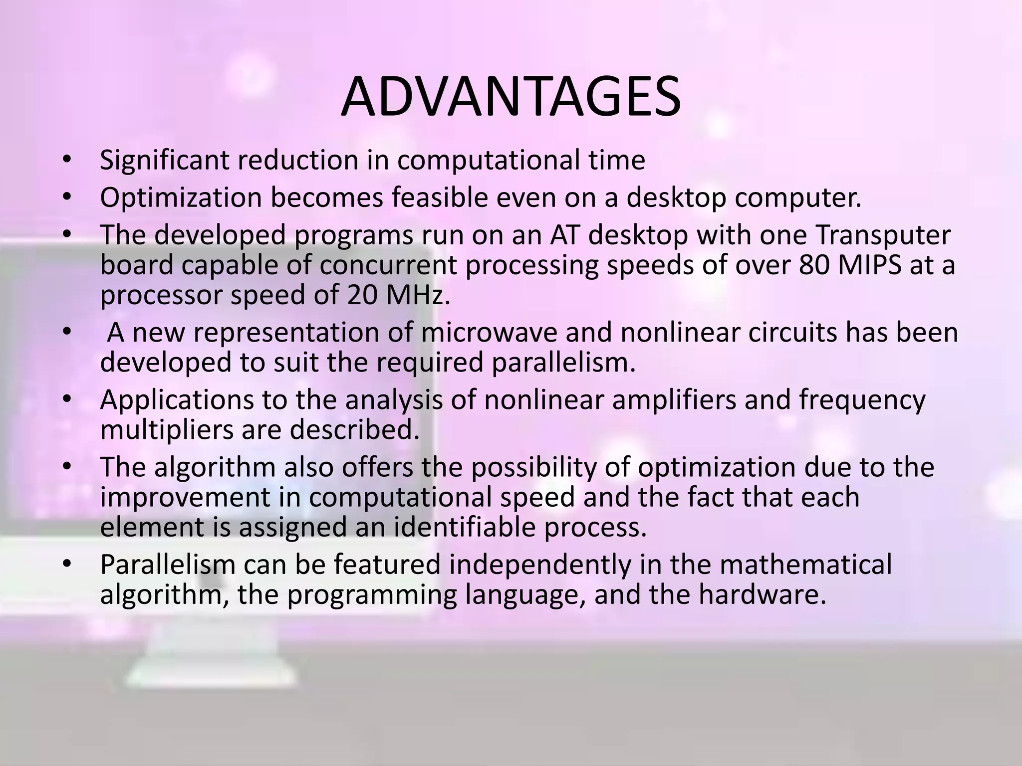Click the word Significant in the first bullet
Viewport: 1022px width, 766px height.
point(164,161)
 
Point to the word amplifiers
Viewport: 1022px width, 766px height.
point(674,400)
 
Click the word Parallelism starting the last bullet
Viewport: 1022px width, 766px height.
point(168,565)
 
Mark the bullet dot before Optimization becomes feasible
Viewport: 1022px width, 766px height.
point(67,198)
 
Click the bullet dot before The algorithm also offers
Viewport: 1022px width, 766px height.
point(67,467)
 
